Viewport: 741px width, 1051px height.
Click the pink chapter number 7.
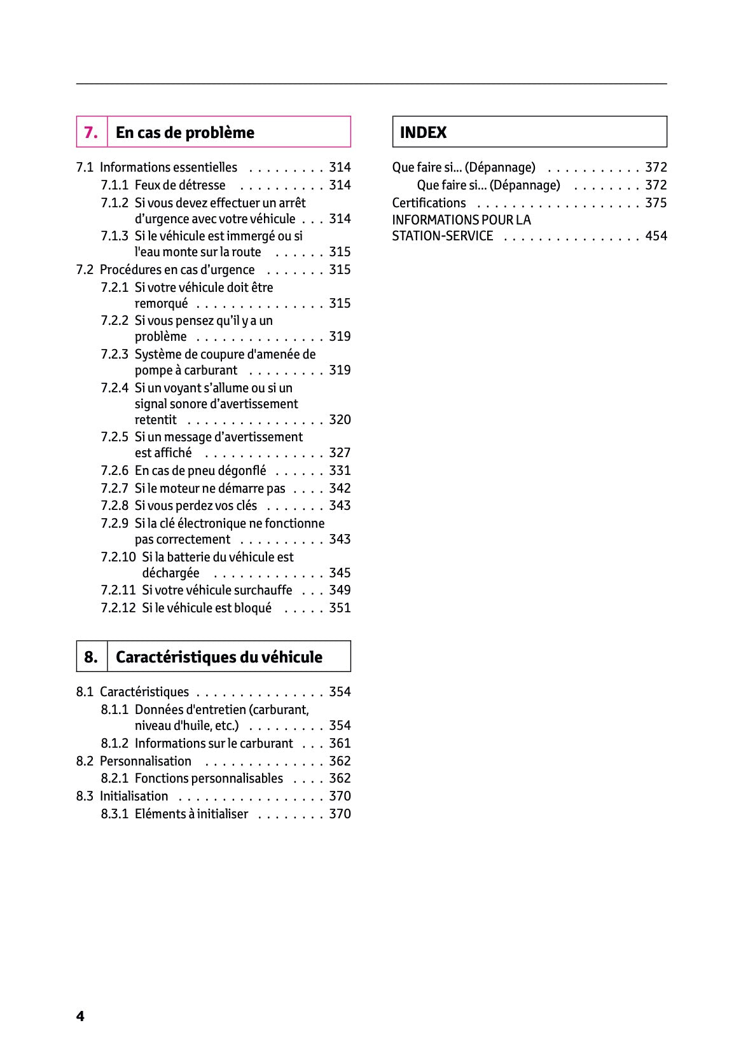tap(91, 132)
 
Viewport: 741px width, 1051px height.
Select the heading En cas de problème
tap(184, 132)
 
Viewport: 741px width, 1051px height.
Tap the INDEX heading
tap(423, 132)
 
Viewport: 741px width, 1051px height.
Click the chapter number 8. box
tap(91, 657)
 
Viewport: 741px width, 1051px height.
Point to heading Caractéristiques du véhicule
tap(219, 657)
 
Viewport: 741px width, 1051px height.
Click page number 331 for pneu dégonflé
tap(340, 471)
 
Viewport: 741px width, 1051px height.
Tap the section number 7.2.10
tap(118, 557)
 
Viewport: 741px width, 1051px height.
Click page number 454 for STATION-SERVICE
tap(656, 236)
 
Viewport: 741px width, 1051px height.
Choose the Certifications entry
tap(429, 203)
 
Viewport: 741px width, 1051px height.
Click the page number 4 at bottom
tap(80, 1016)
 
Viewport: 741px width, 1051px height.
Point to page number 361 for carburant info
tap(340, 743)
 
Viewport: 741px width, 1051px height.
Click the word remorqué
tap(161, 303)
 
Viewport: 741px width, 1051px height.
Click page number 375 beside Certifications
tap(656, 203)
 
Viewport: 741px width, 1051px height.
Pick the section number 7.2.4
tap(114, 388)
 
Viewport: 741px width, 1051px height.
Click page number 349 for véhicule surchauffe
tap(340, 590)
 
